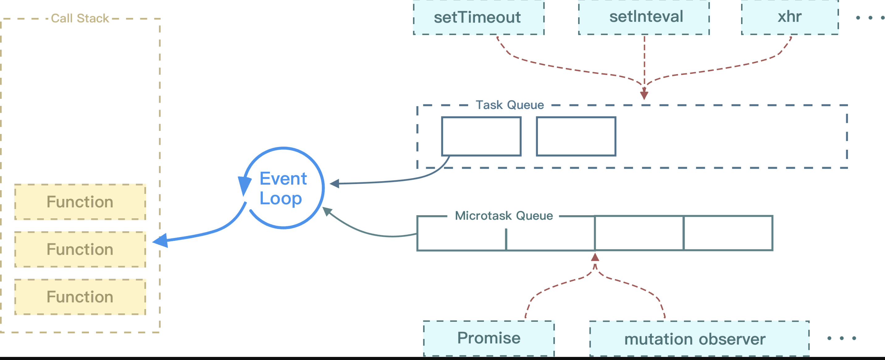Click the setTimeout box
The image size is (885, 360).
[479, 17]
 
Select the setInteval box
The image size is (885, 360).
[644, 17]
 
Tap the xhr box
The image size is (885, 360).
[790, 17]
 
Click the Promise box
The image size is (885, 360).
[489, 338]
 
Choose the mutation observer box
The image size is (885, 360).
[699, 339]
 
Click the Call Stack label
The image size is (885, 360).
[80, 18]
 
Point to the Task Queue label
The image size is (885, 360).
[510, 105]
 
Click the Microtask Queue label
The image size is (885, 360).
[504, 216]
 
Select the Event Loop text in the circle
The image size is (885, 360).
[283, 188]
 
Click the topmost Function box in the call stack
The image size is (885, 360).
[80, 202]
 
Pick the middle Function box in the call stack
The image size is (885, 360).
[80, 249]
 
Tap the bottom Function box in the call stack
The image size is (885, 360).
[80, 297]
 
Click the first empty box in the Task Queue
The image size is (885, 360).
[481, 136]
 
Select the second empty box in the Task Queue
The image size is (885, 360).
[576, 136]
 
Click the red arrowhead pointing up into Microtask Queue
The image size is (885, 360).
[595, 257]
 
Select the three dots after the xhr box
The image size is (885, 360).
[870, 18]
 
